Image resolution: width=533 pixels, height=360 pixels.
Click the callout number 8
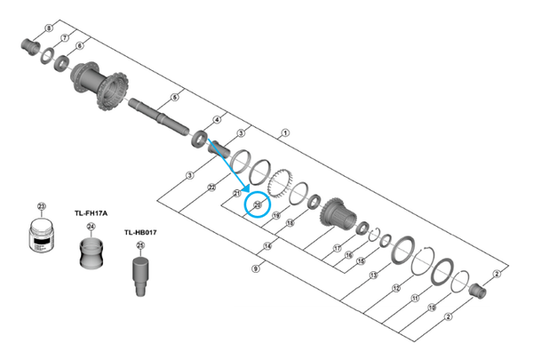(49, 28)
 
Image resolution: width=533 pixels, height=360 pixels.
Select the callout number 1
(285, 133)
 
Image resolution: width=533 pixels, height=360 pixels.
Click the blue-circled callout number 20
(258, 204)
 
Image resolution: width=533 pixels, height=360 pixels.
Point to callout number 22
(211, 188)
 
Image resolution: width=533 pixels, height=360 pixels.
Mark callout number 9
(257, 268)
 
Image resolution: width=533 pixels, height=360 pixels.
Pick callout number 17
(338, 248)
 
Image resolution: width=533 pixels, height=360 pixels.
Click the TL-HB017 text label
(140, 231)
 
